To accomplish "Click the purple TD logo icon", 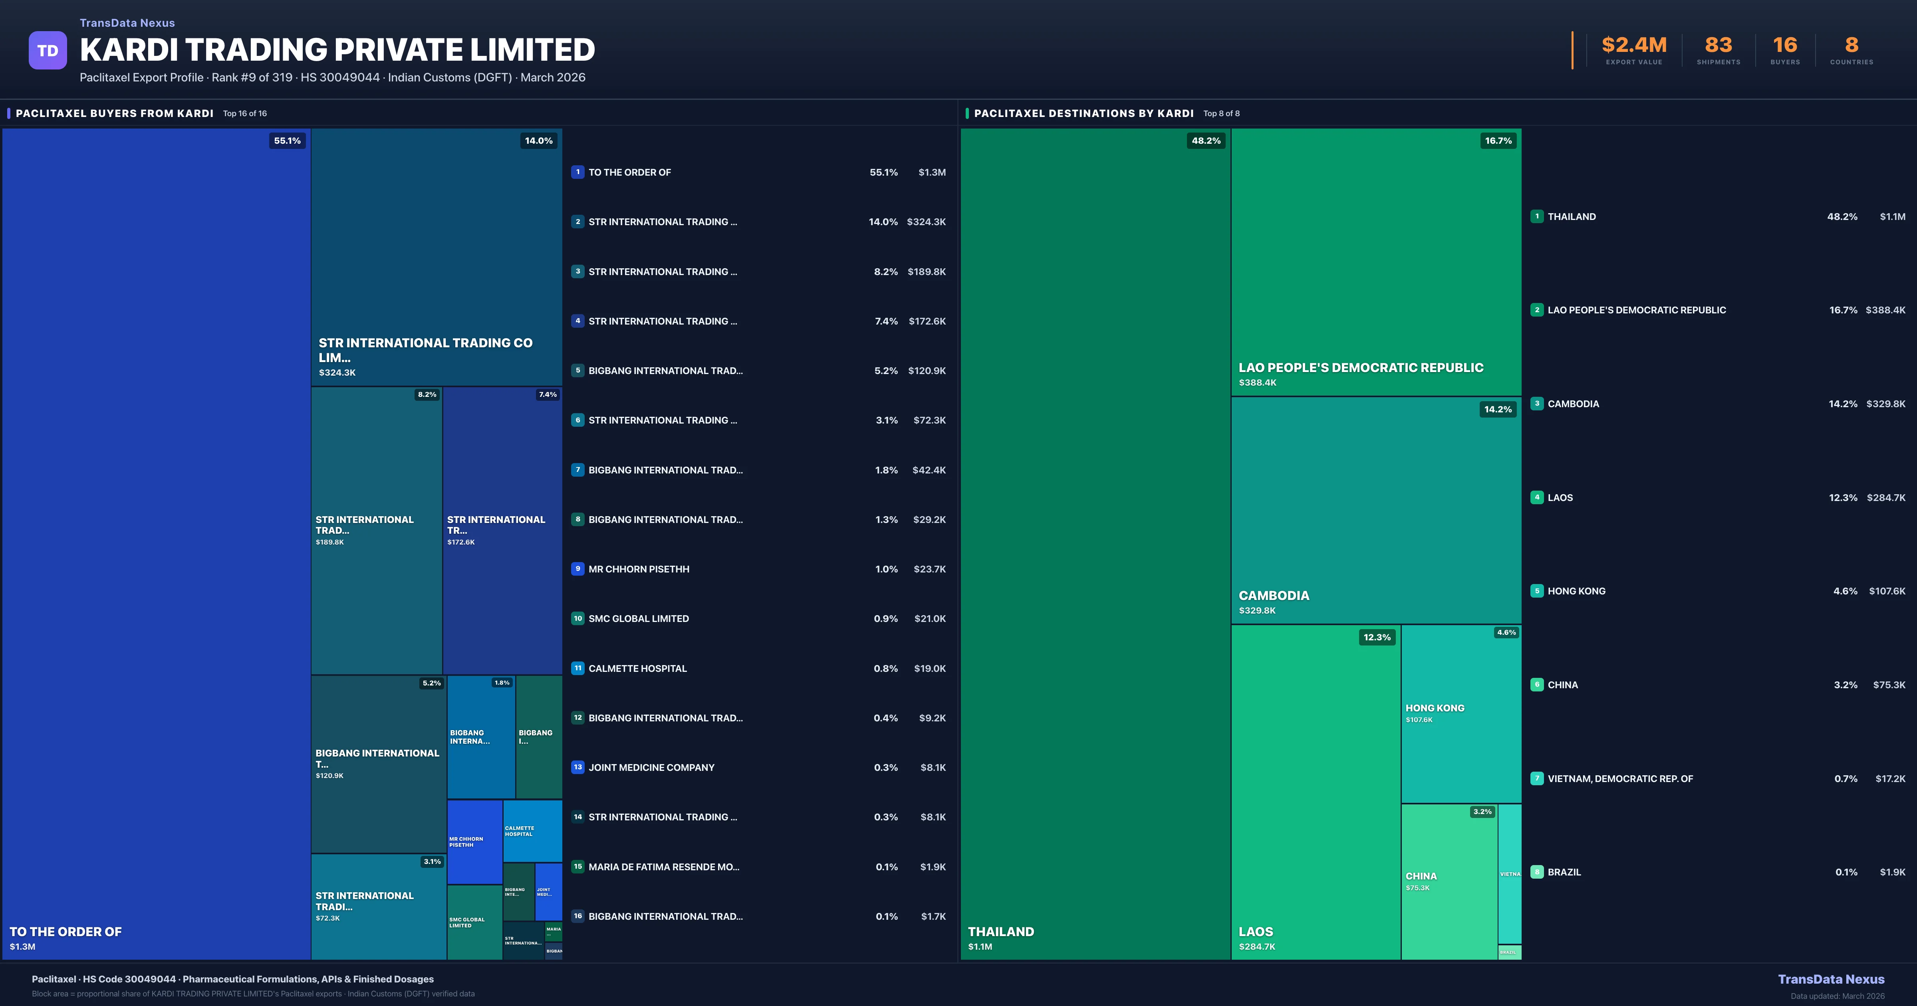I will click(48, 51).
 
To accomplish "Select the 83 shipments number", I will click(1718, 46).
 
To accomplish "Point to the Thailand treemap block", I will click(1095, 543).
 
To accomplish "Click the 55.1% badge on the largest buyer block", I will click(287, 141).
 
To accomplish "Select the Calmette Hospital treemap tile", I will click(532, 830).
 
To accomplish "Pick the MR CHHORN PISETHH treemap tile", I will click(474, 842).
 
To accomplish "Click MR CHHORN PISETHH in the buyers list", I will click(639, 569).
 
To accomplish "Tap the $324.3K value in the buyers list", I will click(926, 222).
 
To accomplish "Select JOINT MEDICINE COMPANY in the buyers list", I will click(651, 767).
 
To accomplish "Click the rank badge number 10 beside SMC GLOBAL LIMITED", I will click(577, 618).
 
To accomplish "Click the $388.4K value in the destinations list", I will click(1885, 310).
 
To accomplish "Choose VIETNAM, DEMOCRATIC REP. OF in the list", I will click(1620, 778).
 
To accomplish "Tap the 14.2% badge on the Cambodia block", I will click(1497, 409).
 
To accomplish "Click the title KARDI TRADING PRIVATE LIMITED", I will click(337, 50).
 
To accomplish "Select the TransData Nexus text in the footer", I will click(1831, 979).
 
